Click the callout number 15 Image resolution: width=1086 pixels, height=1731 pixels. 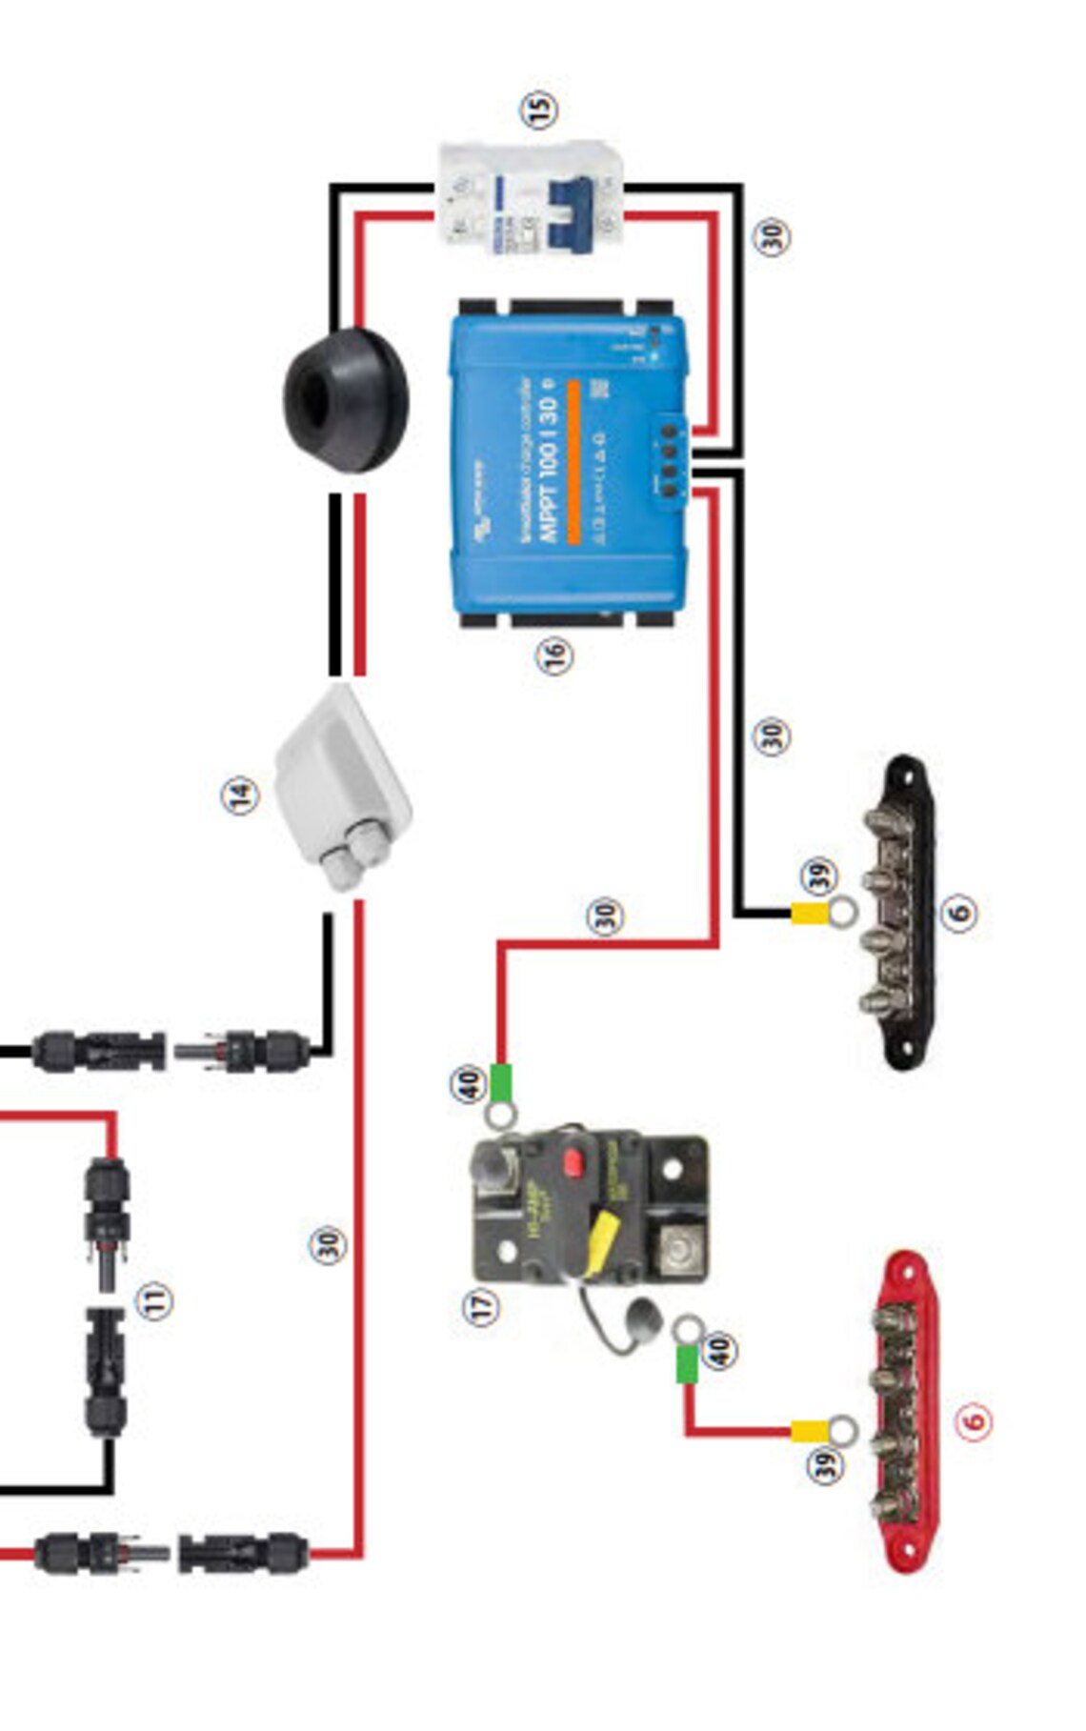pos(539,110)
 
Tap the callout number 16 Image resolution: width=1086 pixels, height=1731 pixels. pos(554,655)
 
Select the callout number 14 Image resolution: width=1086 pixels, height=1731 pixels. pos(240,795)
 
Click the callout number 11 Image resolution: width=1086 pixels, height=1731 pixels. pos(155,1300)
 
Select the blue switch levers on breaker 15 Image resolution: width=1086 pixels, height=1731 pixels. pos(569,214)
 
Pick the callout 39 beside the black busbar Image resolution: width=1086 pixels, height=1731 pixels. pos(819,874)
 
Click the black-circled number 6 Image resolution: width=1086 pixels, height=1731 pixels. pos(959,912)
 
